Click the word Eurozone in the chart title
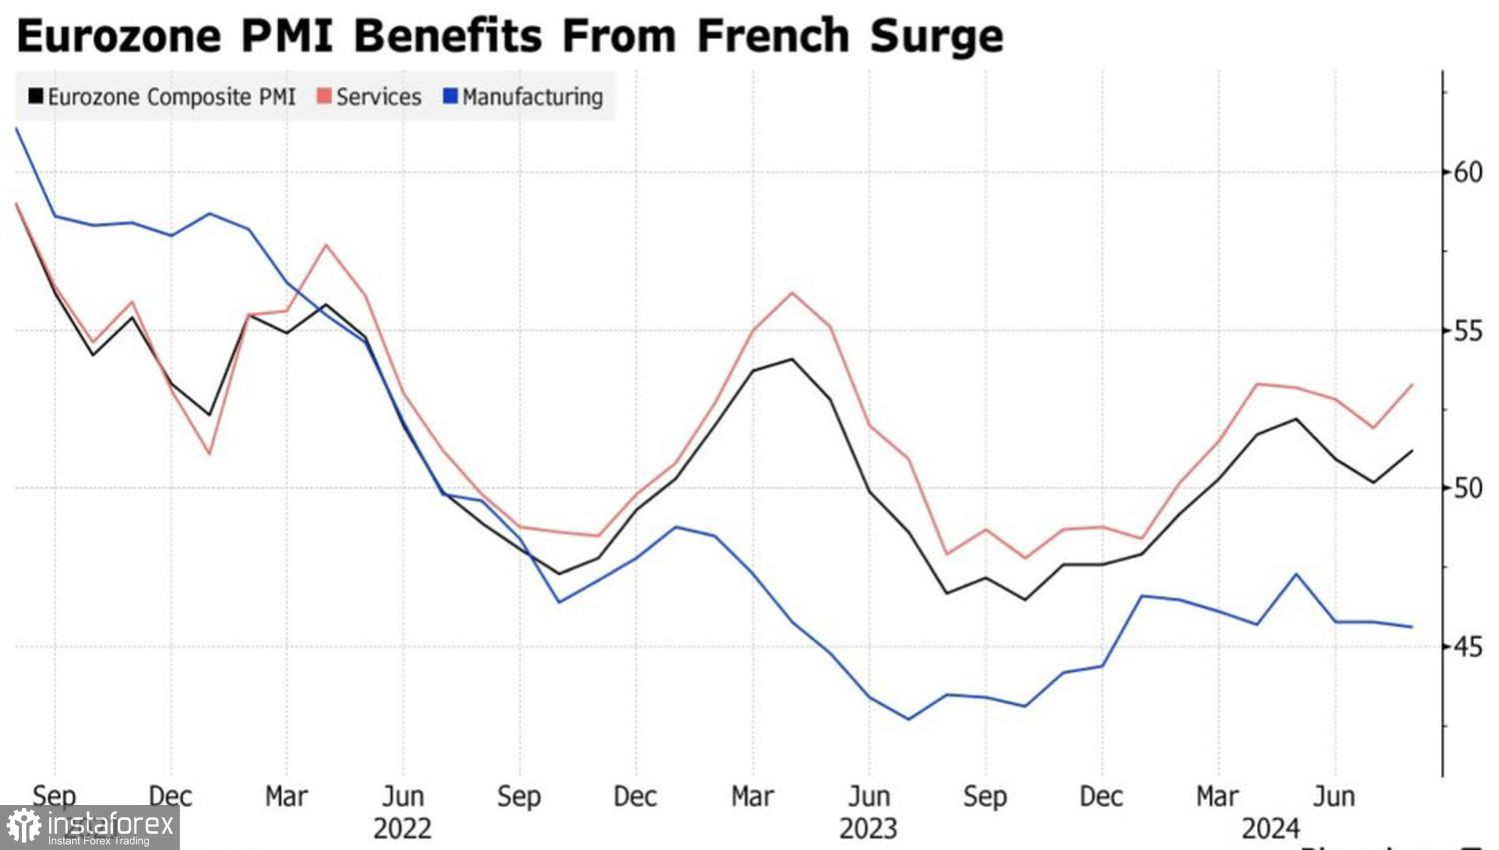click(x=118, y=37)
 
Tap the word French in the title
click(x=773, y=37)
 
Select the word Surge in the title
click(x=935, y=37)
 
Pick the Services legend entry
click(x=369, y=97)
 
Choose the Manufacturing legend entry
click(x=523, y=97)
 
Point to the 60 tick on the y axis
click(x=1467, y=172)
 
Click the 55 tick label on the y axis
click(x=1467, y=331)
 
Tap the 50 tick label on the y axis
click(x=1467, y=488)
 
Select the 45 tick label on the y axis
click(x=1467, y=647)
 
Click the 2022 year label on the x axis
click(x=403, y=828)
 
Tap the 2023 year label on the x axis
click(x=868, y=828)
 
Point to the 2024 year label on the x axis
click(x=1270, y=828)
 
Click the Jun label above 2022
click(x=403, y=797)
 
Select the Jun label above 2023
click(x=868, y=797)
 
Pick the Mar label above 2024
click(x=1217, y=797)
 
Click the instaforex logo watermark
click(x=90, y=827)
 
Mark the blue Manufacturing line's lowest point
click(x=908, y=719)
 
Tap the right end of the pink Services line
click(x=1412, y=384)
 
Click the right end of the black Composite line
click(x=1412, y=451)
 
